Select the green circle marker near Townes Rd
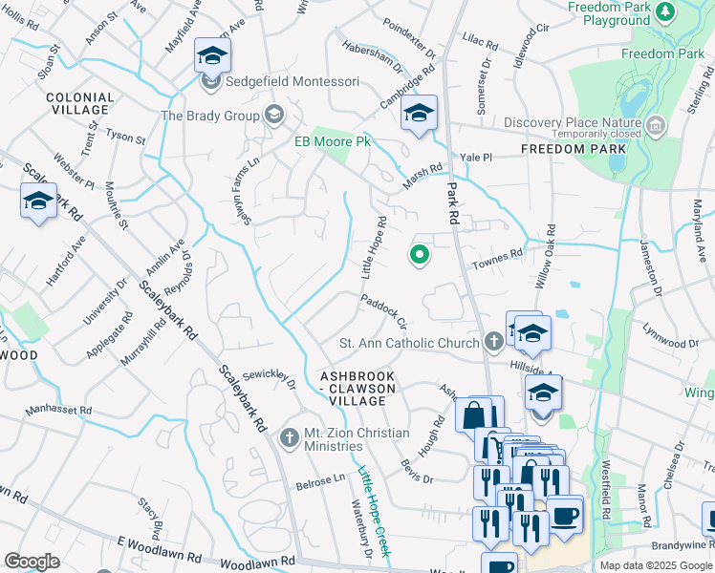(x=419, y=254)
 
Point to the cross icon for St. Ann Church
(x=493, y=341)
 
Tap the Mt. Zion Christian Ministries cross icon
(x=289, y=438)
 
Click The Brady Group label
(x=210, y=117)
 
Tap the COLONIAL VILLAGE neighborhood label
(x=80, y=104)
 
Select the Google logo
(x=32, y=561)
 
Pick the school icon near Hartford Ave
(x=37, y=201)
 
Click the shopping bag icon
(x=475, y=415)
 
